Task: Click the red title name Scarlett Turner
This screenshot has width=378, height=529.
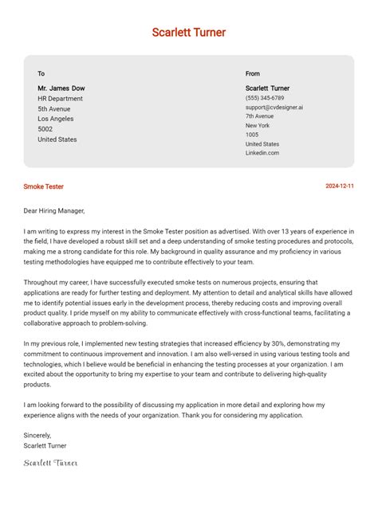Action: pyautogui.click(x=189, y=33)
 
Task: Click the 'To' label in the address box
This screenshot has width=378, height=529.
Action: pyautogui.click(x=41, y=73)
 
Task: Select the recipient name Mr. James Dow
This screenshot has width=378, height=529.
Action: pyautogui.click(x=61, y=88)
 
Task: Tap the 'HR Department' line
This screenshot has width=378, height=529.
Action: pyautogui.click(x=60, y=99)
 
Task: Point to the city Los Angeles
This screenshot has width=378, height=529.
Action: pyautogui.click(x=57, y=119)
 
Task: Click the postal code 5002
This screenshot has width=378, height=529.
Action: pyautogui.click(x=45, y=129)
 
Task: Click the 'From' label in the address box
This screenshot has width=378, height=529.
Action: pyautogui.click(x=253, y=73)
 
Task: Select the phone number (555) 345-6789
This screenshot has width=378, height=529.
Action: pyautogui.click(x=265, y=98)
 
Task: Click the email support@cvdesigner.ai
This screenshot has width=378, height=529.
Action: pyautogui.click(x=274, y=107)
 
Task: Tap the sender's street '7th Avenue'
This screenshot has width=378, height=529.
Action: pyautogui.click(x=259, y=116)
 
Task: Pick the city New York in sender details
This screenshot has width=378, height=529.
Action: pyautogui.click(x=258, y=126)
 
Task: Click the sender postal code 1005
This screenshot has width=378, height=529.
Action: pyautogui.click(x=252, y=135)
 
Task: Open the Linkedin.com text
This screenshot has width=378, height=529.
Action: pyautogui.click(x=262, y=153)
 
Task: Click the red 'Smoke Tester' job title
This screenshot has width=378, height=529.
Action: pyautogui.click(x=44, y=186)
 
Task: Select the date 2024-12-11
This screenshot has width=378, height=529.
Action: pyautogui.click(x=340, y=186)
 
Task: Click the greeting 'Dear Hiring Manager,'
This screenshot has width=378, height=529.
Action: pyautogui.click(x=54, y=211)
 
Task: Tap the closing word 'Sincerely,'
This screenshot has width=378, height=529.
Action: pyautogui.click(x=37, y=436)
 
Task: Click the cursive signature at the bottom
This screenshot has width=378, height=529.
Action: pyautogui.click(x=51, y=463)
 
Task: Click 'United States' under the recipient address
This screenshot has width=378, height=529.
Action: pyautogui.click(x=57, y=139)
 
